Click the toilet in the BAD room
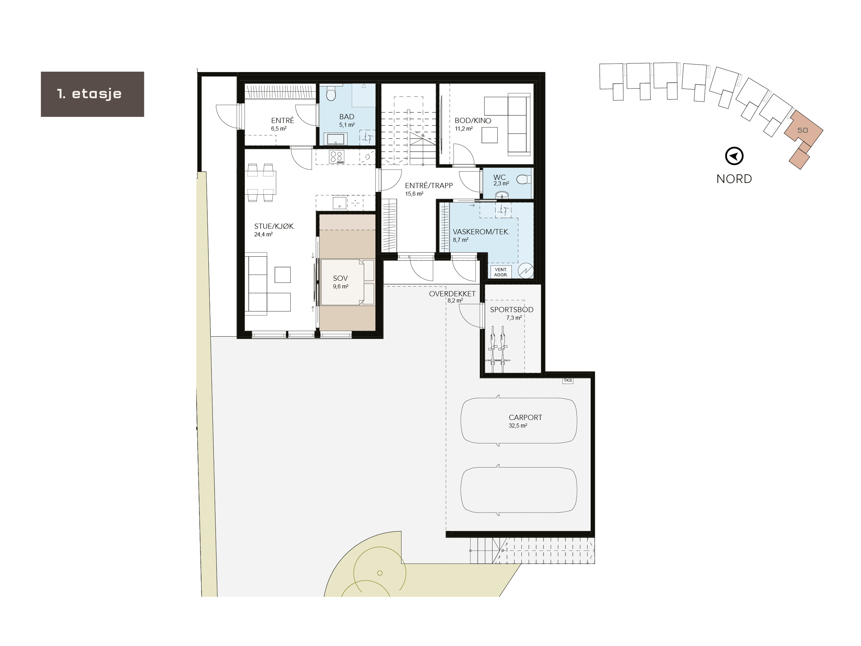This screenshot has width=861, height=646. pos(331,93)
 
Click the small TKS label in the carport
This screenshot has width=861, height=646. pos(568,380)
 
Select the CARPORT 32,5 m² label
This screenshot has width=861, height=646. pos(525,421)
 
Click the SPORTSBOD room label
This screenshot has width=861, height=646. pos(511,310)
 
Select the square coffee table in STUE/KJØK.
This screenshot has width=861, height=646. pos(283,275)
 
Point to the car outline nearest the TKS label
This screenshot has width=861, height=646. pos(518,421)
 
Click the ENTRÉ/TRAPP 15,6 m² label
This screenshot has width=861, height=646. pos(428,189)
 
